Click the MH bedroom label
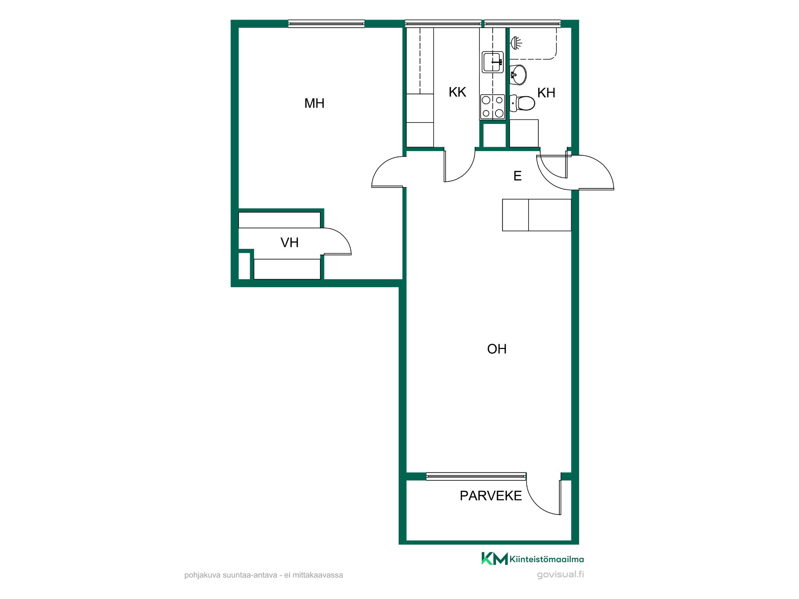(x=314, y=103)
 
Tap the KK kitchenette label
(x=457, y=92)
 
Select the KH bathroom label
(x=546, y=93)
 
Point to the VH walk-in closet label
(x=289, y=243)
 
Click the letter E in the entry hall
(x=517, y=176)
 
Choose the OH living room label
(x=497, y=349)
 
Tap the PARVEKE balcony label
(x=491, y=496)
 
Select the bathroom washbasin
(x=518, y=75)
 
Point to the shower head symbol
(x=516, y=43)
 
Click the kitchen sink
(x=493, y=62)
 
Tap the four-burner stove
(x=493, y=107)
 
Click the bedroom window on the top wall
(x=326, y=24)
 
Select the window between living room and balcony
(x=476, y=476)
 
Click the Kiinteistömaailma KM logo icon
(x=495, y=559)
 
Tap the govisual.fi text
(x=560, y=575)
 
